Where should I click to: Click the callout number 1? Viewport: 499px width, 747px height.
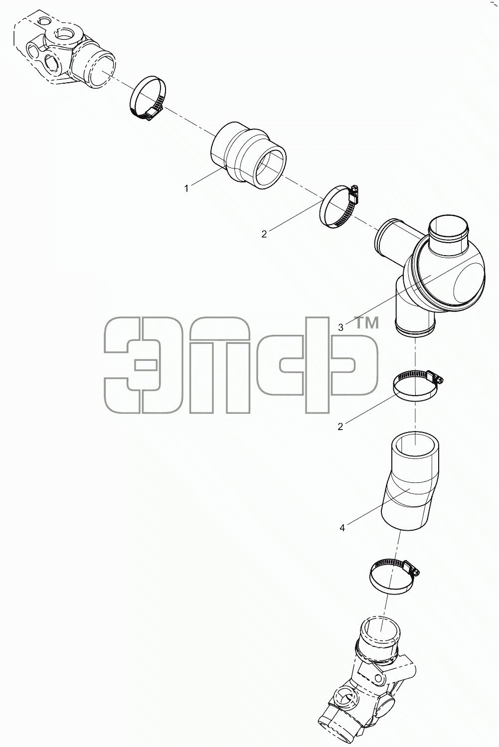tap(186, 189)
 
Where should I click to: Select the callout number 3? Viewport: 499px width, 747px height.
tap(340, 327)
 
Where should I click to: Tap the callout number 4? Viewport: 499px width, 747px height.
tap(342, 528)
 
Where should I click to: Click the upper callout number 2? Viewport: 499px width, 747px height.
tap(264, 234)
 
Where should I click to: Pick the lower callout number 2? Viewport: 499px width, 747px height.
tap(340, 427)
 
